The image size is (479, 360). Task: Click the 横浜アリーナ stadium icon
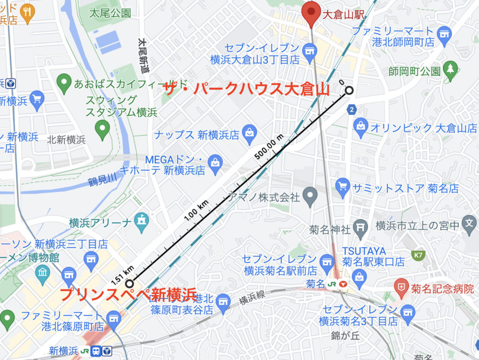pyautogui.click(x=141, y=219)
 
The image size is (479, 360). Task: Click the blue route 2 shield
pyautogui.click(x=352, y=110)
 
